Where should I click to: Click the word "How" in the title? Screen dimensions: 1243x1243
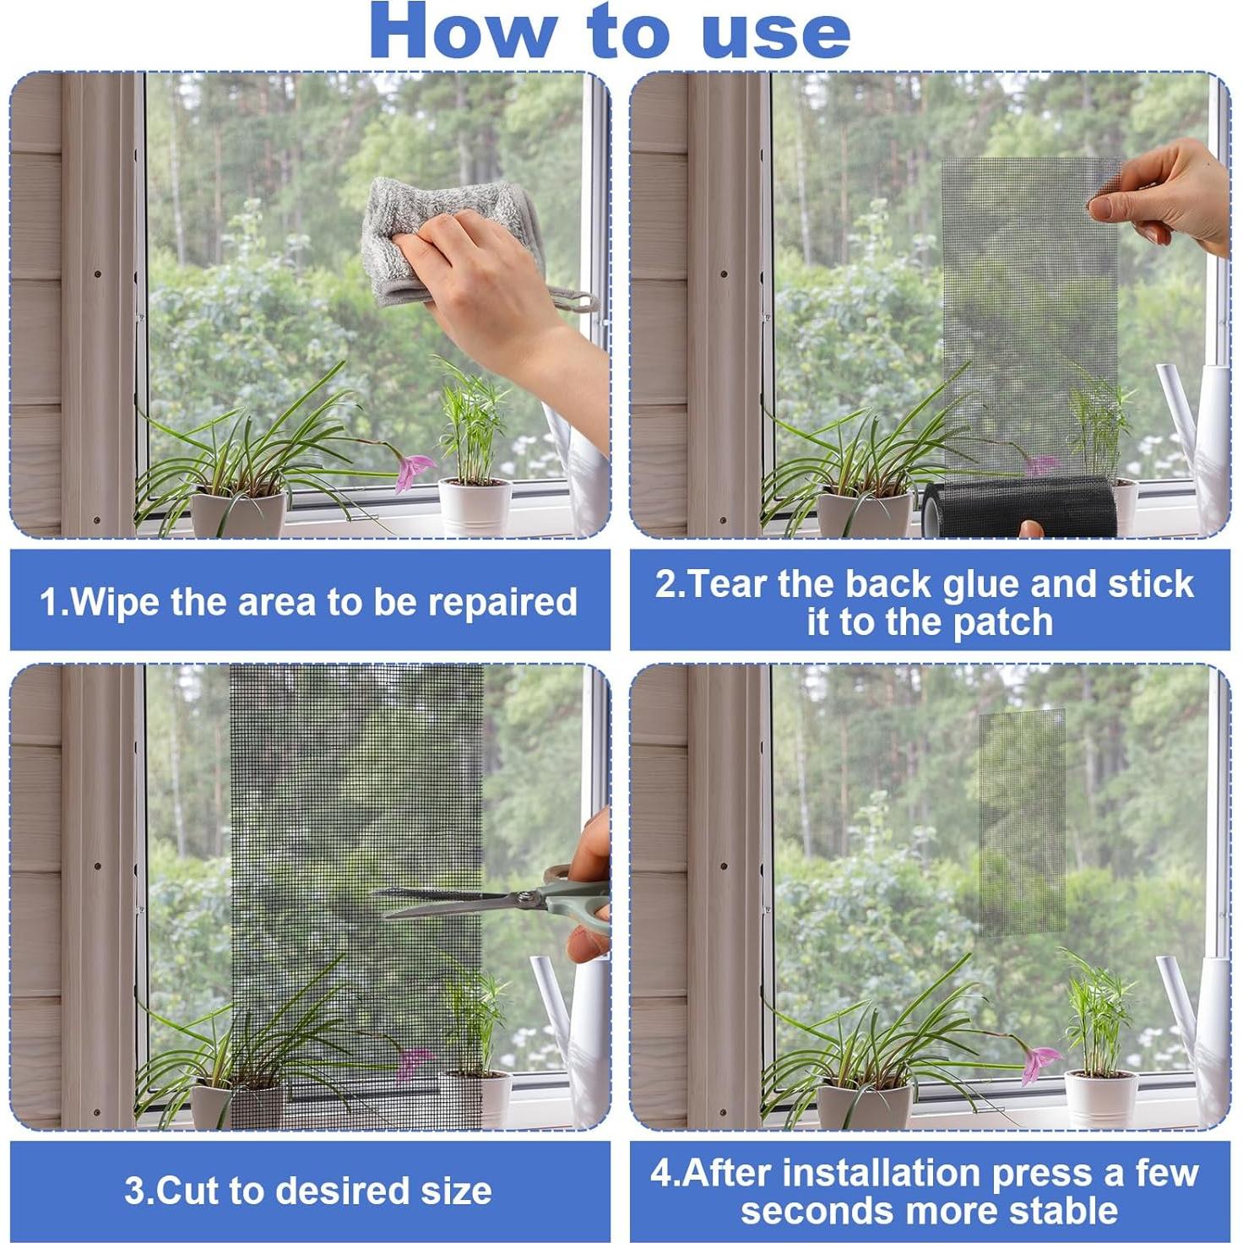click(x=463, y=32)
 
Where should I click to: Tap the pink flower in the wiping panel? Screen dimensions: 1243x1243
click(x=413, y=470)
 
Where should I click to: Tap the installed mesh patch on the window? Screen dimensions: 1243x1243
click(x=1022, y=822)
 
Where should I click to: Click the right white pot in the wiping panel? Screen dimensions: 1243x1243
click(x=475, y=507)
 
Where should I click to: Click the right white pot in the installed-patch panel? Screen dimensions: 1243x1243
click(x=1100, y=1099)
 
